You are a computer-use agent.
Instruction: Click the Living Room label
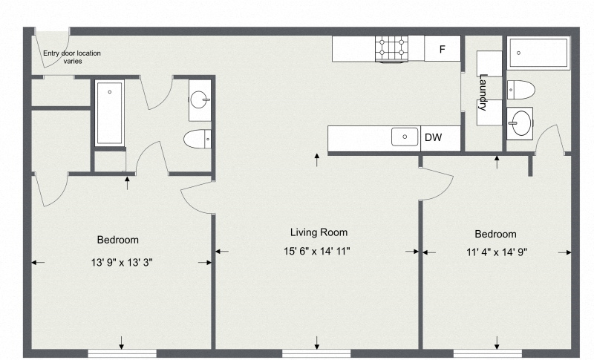[x=318, y=232]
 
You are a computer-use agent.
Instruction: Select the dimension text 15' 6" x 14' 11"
[x=318, y=251]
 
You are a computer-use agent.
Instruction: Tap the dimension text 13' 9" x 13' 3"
[x=121, y=262]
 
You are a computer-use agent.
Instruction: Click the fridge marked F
[x=443, y=50]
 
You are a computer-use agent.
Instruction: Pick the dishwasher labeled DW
[x=434, y=137]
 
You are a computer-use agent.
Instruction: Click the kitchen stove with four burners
[x=394, y=49]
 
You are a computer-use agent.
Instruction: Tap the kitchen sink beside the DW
[x=405, y=137]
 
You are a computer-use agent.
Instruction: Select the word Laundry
[x=483, y=93]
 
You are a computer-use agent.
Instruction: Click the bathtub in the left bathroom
[x=109, y=113]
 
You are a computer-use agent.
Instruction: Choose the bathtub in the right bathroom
[x=538, y=53]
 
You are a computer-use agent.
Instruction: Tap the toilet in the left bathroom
[x=198, y=138]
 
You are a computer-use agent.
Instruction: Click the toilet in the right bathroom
[x=520, y=90]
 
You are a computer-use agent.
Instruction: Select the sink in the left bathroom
[x=200, y=99]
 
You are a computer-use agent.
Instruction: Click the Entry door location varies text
[x=72, y=56]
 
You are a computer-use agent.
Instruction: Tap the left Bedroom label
[x=118, y=240]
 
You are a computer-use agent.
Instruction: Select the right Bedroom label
[x=495, y=233]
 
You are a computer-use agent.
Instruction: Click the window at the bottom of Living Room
[x=317, y=353]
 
